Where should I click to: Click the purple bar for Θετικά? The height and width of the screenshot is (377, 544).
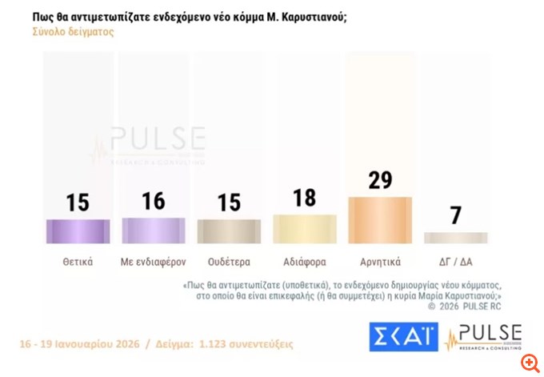(78, 231)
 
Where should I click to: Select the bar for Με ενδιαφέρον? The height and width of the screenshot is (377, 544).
(154, 230)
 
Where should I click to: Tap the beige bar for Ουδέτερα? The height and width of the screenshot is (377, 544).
(229, 231)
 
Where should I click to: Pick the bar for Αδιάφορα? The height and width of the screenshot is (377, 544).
(304, 228)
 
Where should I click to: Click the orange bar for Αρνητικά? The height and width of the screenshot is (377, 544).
(380, 219)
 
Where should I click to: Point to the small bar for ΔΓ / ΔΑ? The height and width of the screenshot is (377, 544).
(455, 238)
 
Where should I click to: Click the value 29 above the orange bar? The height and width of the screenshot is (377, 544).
(380, 180)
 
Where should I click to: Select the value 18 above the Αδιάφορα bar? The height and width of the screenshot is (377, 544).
(305, 198)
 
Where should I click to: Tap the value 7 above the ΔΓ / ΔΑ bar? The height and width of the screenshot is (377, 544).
(456, 215)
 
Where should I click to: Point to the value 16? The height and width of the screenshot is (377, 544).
(154, 202)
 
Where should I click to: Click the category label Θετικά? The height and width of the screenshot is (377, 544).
(78, 261)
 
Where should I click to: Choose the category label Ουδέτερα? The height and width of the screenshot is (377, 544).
(229, 261)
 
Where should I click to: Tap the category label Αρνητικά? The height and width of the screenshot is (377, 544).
(380, 261)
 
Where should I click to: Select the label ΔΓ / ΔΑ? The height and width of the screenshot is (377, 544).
(455, 261)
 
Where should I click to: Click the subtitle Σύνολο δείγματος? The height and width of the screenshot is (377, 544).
(73, 33)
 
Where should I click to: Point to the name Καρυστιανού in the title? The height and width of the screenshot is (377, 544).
(313, 15)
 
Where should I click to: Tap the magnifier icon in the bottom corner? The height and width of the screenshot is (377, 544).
(528, 362)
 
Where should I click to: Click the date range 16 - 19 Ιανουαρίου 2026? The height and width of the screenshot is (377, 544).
(80, 344)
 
